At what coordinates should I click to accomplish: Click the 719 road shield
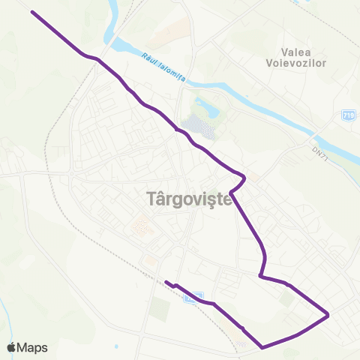click(x=348, y=115)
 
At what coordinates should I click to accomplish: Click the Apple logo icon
click(x=13, y=347)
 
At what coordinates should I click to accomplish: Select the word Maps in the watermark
click(x=33, y=347)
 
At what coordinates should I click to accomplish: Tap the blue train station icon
click(x=194, y=297)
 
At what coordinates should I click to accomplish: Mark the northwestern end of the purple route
click(x=31, y=12)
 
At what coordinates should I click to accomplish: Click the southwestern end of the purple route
click(x=166, y=283)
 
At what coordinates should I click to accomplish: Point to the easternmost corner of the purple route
click(x=328, y=315)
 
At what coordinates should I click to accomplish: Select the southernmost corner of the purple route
click(x=261, y=347)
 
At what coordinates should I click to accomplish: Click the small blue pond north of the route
click(x=205, y=107)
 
